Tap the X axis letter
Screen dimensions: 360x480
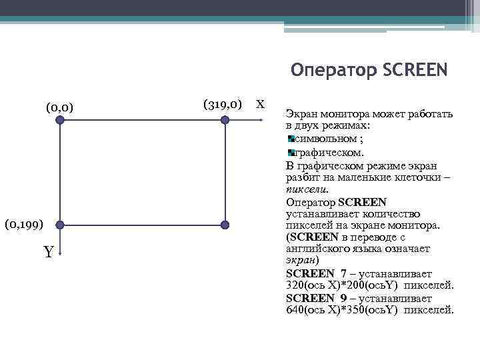pyautogui.click(x=261, y=105)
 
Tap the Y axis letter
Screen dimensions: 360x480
pyautogui.click(x=49, y=253)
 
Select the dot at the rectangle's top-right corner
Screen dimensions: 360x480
pyautogui.click(x=225, y=121)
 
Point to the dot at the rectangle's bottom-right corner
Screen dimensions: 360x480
pyautogui.click(x=225, y=225)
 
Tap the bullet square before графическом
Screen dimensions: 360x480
pyautogui.click(x=291, y=153)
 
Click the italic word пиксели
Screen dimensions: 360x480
pyautogui.click(x=303, y=189)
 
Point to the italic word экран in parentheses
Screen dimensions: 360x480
pyautogui.click(x=300, y=261)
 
